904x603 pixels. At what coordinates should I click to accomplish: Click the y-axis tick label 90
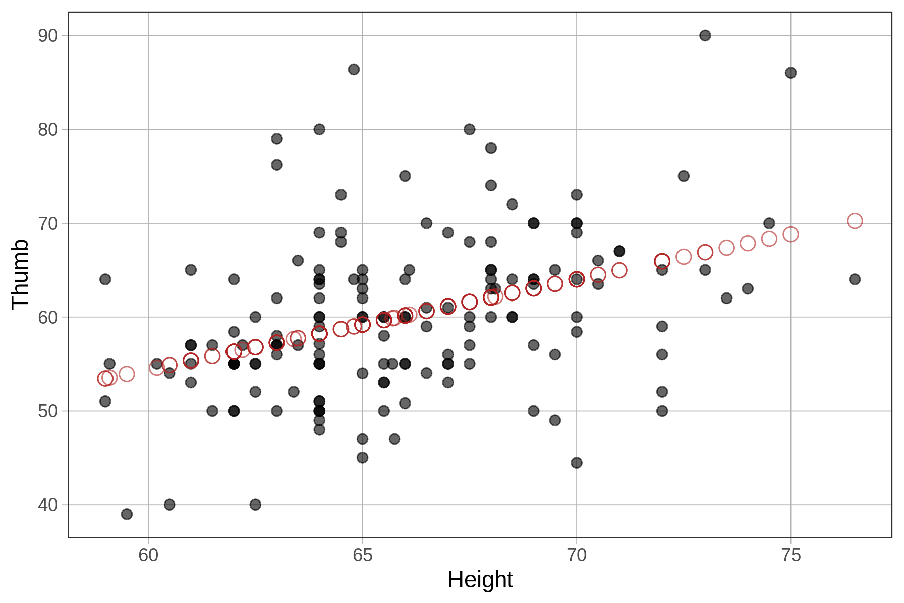(x=48, y=36)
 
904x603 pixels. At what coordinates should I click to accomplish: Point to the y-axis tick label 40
(x=48, y=505)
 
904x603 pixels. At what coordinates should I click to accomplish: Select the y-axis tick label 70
(x=48, y=223)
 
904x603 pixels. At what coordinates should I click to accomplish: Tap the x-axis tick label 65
(x=362, y=555)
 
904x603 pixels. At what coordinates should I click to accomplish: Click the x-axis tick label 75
(x=790, y=555)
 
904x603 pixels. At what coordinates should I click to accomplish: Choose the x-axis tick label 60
(x=148, y=555)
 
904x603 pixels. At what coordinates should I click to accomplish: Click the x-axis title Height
(x=480, y=580)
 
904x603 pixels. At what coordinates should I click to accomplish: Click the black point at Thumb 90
(x=705, y=35)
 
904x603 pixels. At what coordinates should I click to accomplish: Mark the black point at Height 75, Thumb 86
(x=790, y=73)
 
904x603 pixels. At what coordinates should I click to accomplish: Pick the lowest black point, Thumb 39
(x=127, y=514)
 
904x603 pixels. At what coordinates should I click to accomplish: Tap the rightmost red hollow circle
(x=855, y=221)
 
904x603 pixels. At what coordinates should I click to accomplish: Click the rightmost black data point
(x=855, y=279)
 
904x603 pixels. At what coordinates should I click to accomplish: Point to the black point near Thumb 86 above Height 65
(x=354, y=69)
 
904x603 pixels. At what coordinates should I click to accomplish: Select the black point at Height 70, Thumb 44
(x=577, y=462)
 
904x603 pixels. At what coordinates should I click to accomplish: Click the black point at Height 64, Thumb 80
(x=319, y=129)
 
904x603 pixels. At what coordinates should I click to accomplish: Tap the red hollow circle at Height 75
(x=790, y=234)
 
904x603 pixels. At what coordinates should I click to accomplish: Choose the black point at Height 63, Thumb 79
(x=277, y=138)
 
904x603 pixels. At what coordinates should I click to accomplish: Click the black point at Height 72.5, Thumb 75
(x=684, y=176)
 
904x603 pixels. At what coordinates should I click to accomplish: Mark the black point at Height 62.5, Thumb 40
(x=255, y=504)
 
